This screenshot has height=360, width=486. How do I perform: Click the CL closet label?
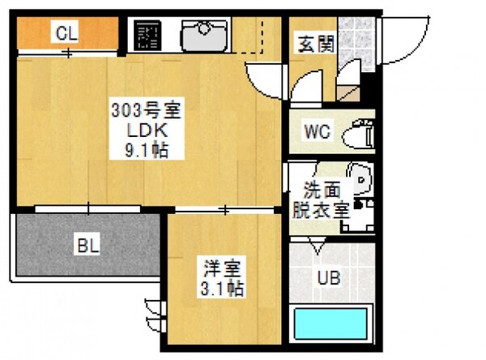pos(66,33)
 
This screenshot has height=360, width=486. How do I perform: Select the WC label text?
pos(316,132)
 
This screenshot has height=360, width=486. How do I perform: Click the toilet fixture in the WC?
pos(360,134)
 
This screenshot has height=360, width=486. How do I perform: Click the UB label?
pos(328,278)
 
